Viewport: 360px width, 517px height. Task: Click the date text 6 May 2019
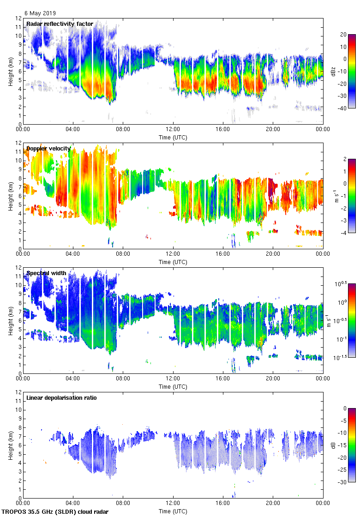41,13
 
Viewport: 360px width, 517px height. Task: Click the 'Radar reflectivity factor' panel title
60,24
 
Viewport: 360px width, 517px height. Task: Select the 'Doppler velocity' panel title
48,149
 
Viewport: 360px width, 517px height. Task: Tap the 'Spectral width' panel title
46,273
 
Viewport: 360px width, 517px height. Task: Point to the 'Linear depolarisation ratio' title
61,397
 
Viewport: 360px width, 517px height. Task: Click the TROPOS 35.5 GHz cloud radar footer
55,511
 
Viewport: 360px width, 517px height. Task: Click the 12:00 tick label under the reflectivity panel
173,130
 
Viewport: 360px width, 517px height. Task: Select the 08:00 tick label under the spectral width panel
123,379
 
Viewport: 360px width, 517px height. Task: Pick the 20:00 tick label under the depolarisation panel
273,504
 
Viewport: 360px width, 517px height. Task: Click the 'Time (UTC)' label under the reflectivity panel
173,137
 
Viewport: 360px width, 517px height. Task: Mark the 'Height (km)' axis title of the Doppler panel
10,196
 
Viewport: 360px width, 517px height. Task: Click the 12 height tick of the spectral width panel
18,267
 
